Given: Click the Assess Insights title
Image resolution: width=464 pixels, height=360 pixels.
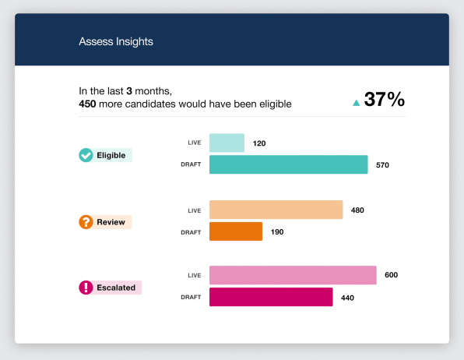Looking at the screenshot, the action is tap(116, 41).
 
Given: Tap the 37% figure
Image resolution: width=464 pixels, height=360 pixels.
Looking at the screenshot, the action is tap(384, 99).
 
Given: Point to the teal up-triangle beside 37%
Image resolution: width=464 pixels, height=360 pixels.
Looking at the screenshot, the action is tap(357, 103).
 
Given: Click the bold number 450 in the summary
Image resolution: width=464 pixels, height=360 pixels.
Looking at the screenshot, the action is tap(87, 104).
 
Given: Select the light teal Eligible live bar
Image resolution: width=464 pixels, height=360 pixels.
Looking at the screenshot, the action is tap(227, 143).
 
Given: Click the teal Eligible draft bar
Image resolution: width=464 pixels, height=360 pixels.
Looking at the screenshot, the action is tap(289, 164).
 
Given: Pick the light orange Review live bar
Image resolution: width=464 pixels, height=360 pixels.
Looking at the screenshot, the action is tap(276, 210).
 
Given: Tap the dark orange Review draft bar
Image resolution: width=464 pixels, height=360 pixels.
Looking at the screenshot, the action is tap(236, 231).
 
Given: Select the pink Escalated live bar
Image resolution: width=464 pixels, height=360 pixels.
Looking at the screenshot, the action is tap(293, 275).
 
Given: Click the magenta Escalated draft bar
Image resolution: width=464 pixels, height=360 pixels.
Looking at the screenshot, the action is tap(271, 297).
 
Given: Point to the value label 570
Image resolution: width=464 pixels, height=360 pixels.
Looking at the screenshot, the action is tap(382, 165).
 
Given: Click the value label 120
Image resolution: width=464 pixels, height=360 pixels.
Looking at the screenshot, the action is tap(259, 143).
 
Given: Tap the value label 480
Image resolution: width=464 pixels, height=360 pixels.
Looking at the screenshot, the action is tap(357, 210).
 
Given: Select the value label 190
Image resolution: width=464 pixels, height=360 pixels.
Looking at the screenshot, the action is tap(277, 232).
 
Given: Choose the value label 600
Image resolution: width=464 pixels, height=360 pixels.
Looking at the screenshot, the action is tap(391, 275).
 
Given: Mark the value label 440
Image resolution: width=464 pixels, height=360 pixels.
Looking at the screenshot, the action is tap(347, 298).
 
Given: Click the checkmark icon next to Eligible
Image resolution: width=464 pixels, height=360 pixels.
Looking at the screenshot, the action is tap(86, 155).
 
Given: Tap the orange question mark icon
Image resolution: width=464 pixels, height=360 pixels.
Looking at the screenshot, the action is tap(86, 222).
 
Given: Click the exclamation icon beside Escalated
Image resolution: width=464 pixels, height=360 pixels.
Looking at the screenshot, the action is tap(86, 288).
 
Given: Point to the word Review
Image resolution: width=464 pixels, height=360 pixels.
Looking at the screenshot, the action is tap(111, 222).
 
